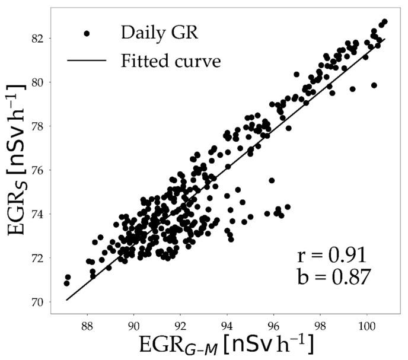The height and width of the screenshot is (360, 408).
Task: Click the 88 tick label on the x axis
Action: [87, 326]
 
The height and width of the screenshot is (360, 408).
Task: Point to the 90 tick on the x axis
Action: [134, 326]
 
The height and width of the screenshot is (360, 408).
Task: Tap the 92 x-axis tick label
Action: [180, 326]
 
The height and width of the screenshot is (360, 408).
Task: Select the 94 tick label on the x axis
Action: [227, 326]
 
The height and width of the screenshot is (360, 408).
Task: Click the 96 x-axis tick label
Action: [273, 326]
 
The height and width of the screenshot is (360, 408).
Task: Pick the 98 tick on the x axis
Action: [320, 326]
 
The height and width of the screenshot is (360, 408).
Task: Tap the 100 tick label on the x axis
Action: [366, 326]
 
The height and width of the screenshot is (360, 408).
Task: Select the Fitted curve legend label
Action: [171, 60]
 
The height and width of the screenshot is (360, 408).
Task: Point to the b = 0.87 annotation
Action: [333, 276]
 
